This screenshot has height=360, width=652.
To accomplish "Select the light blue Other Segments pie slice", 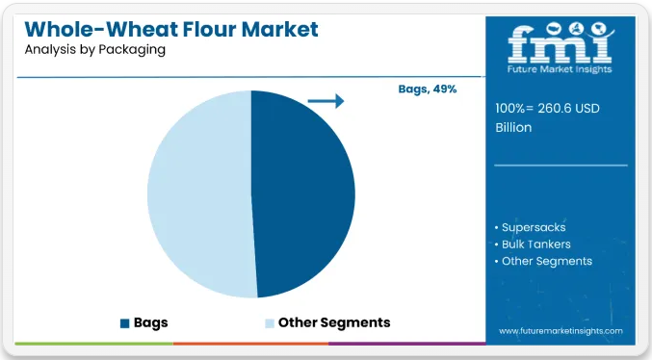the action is [199, 194].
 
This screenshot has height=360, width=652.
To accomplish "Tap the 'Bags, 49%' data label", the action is [428, 89].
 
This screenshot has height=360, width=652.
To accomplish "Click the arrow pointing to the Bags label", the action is [326, 101].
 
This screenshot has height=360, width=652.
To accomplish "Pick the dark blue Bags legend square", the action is [125, 323].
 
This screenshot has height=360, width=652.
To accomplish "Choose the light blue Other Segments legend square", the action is [270, 323].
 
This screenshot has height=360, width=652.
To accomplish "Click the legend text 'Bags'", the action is [151, 323].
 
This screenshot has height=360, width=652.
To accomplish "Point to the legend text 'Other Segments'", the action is [334, 322].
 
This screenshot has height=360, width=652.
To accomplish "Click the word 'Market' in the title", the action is [280, 30].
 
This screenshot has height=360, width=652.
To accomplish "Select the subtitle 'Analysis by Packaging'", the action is [95, 49].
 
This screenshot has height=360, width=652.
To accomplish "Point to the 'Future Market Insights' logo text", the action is [560, 69].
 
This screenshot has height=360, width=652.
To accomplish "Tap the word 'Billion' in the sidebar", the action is [513, 128].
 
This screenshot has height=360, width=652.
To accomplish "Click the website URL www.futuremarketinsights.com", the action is [561, 331].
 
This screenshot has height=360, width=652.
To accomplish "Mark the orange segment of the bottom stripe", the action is [250, 344].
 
